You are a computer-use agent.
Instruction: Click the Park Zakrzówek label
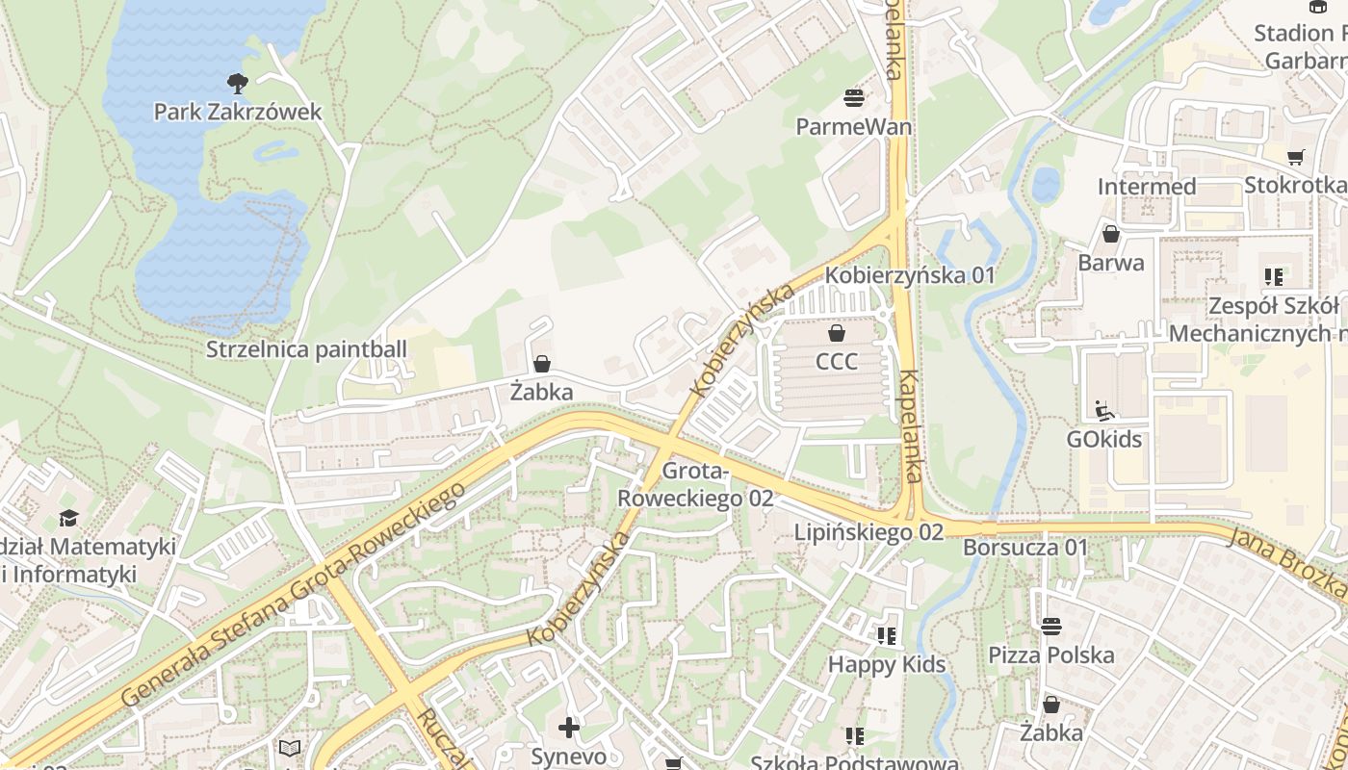point(238,112)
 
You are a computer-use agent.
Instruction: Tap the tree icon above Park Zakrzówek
point(237,83)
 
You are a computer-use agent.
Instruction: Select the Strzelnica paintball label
point(306,349)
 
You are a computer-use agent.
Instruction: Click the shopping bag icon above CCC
point(837,333)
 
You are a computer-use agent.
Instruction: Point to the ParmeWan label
point(853,127)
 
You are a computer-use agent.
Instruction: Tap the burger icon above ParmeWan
point(853,97)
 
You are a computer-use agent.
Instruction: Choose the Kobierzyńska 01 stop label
point(909,275)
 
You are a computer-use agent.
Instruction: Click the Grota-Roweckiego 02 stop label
point(694,485)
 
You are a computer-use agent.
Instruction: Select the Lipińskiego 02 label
point(868,531)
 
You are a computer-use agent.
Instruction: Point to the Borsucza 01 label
point(1025,548)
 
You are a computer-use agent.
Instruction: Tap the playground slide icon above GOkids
point(1104,411)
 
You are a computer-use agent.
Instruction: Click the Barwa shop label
point(1111,263)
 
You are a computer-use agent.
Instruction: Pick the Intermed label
point(1147,186)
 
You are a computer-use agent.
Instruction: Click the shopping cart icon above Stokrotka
point(1296,157)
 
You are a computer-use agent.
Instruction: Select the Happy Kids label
point(887,664)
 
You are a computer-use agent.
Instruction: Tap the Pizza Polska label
point(1051,655)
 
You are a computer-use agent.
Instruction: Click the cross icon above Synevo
point(569,728)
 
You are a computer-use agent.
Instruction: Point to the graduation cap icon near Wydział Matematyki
point(68,519)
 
